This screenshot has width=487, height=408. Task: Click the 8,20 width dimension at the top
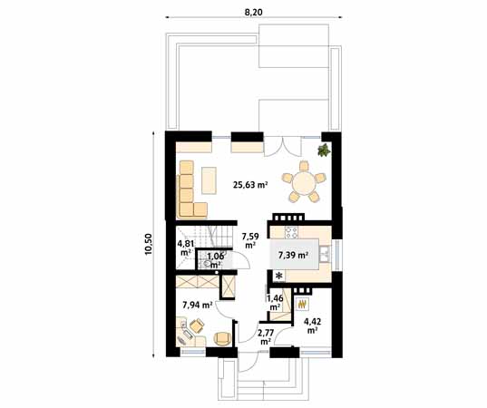point(254,11)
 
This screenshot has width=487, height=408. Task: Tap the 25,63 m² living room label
point(249,185)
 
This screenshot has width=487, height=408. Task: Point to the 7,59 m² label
point(249,240)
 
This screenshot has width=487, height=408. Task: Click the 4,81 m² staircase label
point(185,247)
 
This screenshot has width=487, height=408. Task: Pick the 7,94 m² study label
point(197,305)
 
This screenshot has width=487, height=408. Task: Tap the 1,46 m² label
point(274,300)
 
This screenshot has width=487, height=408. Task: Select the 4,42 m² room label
point(312,325)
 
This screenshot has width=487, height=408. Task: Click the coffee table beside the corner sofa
point(209,180)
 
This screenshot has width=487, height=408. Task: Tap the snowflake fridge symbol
point(279,276)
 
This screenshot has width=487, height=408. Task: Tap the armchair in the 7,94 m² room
point(222,338)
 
